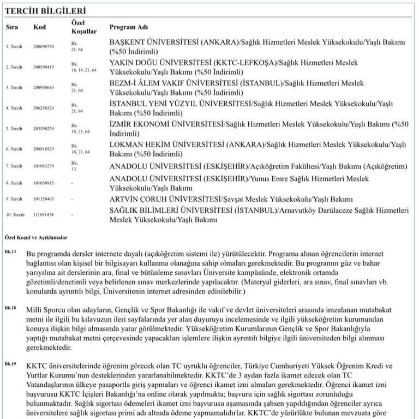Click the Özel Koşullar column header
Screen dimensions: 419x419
84,27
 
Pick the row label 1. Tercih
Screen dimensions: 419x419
15,47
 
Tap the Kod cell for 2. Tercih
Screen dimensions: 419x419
44,67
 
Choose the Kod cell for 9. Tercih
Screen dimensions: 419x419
44,199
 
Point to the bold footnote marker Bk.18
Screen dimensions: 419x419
11,308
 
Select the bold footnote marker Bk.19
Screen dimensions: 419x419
11,363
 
